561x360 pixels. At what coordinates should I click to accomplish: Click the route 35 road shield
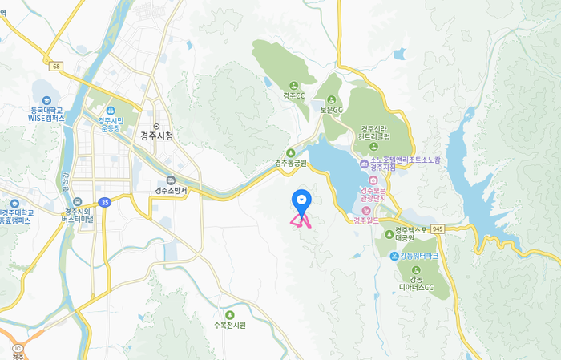tap(104, 202)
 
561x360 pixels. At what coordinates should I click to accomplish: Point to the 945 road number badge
tap(437, 229)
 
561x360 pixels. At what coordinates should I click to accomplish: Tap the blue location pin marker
tap(301, 199)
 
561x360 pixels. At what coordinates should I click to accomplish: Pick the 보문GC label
tap(331, 110)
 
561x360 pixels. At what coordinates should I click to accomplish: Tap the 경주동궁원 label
tap(291, 163)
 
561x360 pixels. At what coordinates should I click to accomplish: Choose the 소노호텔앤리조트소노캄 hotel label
tap(404, 164)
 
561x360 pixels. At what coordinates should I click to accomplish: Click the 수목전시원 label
tap(230, 325)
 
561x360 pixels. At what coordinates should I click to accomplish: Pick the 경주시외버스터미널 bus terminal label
tap(77, 214)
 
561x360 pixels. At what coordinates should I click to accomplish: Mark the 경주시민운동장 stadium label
tap(110, 124)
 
